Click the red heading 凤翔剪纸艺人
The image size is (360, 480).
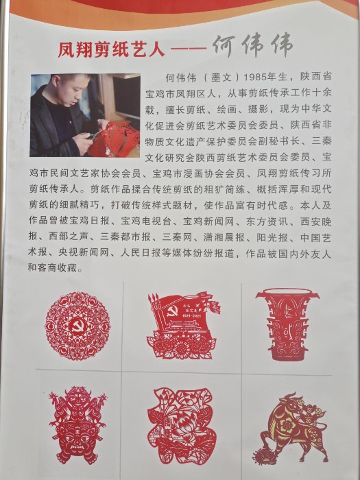click(111, 49)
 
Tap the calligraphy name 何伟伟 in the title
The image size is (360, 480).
click(252, 46)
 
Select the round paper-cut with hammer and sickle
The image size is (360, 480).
click(77, 326)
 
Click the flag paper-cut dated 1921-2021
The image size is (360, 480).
click(183, 326)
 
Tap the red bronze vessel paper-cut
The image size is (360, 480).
click(287, 324)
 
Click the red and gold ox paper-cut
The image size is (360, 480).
click(290, 429)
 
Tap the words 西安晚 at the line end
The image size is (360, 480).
click(316, 221)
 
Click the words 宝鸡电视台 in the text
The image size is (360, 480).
click(145, 221)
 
